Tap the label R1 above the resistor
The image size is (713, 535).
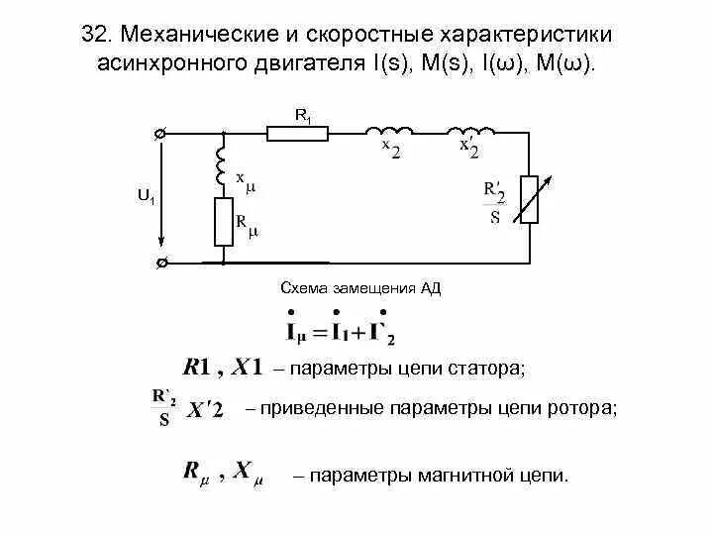click(303, 114)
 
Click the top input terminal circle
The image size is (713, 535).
click(159, 133)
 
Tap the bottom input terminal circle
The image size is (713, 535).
click(161, 264)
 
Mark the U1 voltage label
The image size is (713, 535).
click(146, 198)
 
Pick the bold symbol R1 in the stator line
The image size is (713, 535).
click(203, 368)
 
